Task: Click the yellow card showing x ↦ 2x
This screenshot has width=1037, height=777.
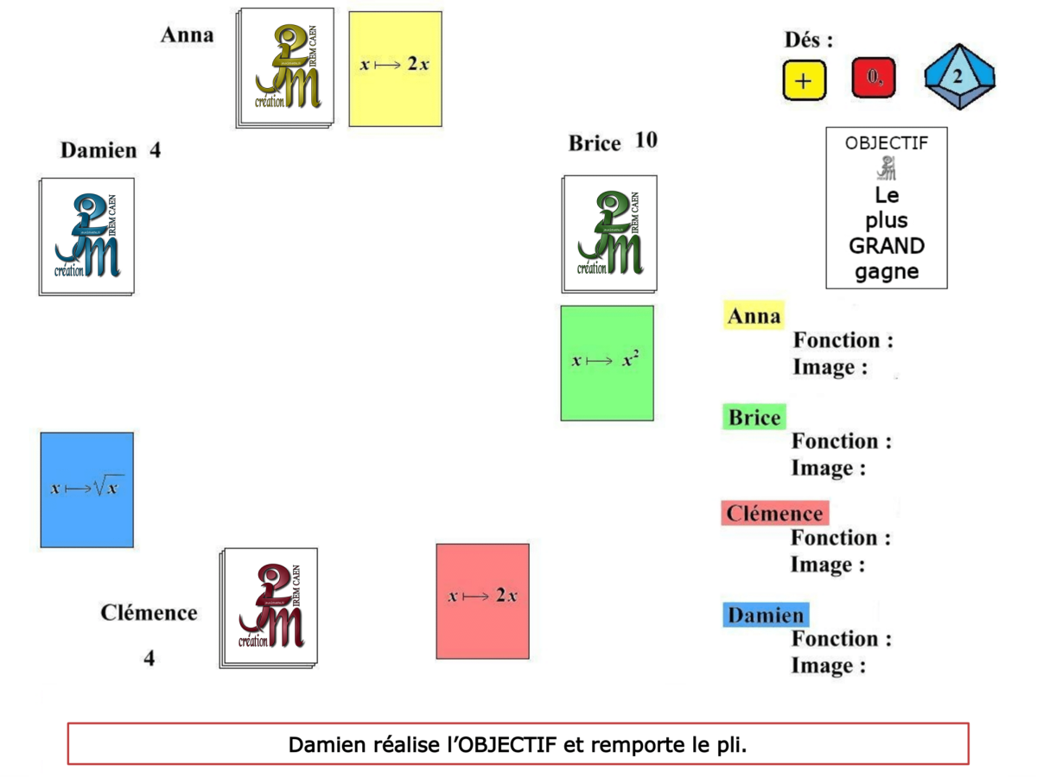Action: click(x=395, y=68)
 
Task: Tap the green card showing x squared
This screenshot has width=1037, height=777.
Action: click(x=607, y=363)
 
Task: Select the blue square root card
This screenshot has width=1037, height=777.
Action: click(x=87, y=490)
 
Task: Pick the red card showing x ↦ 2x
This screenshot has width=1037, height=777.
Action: click(x=482, y=600)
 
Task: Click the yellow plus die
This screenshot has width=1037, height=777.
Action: click(x=804, y=80)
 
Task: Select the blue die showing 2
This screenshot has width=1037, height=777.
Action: click(x=958, y=77)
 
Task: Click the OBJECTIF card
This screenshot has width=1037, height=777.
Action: click(x=886, y=207)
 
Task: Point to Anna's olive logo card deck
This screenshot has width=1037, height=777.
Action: click(x=285, y=68)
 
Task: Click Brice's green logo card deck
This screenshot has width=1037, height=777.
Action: click(x=609, y=234)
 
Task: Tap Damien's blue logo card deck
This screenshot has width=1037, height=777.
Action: click(x=86, y=236)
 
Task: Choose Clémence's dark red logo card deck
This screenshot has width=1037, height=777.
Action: click(x=270, y=607)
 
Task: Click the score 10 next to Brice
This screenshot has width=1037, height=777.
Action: click(x=646, y=141)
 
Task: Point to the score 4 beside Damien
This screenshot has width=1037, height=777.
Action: click(x=155, y=150)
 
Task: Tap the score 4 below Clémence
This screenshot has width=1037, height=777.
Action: click(x=150, y=659)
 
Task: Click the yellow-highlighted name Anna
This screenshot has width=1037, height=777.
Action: click(x=754, y=316)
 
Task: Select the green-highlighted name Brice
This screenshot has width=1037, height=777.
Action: click(x=754, y=418)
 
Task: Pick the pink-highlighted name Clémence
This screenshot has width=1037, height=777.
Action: click(x=774, y=514)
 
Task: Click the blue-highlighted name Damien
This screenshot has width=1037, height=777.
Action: click(x=766, y=616)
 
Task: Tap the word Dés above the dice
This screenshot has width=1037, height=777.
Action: click(x=808, y=40)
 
